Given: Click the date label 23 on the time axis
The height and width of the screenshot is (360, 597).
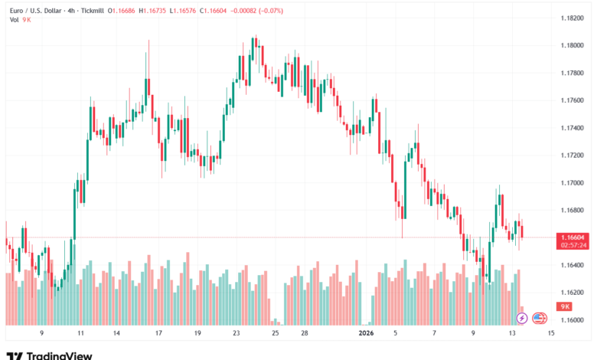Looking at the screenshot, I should coord(237,334).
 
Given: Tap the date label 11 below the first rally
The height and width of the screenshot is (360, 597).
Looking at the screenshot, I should coord(80,334).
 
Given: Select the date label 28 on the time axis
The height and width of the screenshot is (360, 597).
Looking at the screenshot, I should coord(304,334).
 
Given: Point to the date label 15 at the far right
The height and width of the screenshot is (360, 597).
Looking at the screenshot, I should coord(551,334).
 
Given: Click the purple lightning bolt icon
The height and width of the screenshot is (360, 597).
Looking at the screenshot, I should coord(522,317).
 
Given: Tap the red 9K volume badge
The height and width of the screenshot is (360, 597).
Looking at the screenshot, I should coord(566,306).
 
